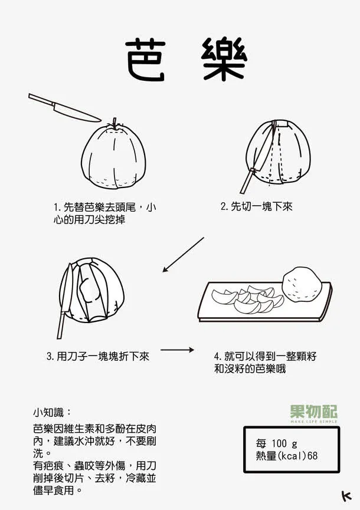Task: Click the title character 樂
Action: [223, 61]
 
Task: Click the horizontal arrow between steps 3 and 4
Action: [177, 350]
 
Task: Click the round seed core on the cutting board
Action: [302, 284]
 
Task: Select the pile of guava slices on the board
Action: [247, 298]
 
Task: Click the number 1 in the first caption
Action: [55, 208]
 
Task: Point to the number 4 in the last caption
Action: [217, 357]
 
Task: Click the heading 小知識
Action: [52, 412]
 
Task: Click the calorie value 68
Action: [313, 456]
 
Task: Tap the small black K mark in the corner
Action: [346, 496]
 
